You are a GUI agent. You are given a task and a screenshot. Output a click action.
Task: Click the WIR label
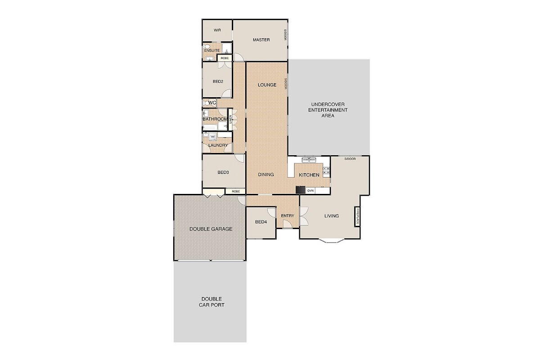[x=217, y=31]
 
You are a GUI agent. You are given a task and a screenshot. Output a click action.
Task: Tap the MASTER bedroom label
[x=261, y=40]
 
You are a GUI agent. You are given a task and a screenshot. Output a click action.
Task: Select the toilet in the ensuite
[x=207, y=46]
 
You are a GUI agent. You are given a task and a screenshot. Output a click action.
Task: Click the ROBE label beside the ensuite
[x=225, y=58]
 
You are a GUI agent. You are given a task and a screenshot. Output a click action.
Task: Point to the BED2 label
[x=218, y=81]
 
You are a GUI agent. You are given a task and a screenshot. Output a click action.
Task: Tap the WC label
[x=212, y=103]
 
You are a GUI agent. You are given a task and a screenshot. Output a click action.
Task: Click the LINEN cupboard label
[x=230, y=119]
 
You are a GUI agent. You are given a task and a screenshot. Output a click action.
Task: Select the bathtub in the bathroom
[x=210, y=127]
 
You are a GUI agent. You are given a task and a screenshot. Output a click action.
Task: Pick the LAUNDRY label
[x=218, y=145]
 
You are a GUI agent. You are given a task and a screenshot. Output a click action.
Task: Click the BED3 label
[x=223, y=172]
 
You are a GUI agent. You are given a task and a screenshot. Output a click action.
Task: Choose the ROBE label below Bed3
[x=236, y=191]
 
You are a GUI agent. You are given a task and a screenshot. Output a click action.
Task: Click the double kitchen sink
[x=309, y=160]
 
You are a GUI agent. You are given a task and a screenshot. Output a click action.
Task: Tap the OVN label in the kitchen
[x=310, y=190]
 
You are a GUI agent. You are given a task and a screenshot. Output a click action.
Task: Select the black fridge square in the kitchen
[x=301, y=190]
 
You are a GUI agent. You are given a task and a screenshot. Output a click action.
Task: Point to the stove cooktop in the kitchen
[x=326, y=171]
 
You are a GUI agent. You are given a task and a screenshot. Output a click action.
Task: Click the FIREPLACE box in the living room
[x=357, y=216]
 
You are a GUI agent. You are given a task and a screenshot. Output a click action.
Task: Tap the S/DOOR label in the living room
[x=350, y=159]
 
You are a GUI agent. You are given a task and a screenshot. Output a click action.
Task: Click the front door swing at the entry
[x=288, y=224]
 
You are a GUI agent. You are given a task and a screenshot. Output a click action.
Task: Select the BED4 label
[x=261, y=222]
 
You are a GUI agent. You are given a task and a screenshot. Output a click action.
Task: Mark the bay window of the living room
[x=332, y=241]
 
